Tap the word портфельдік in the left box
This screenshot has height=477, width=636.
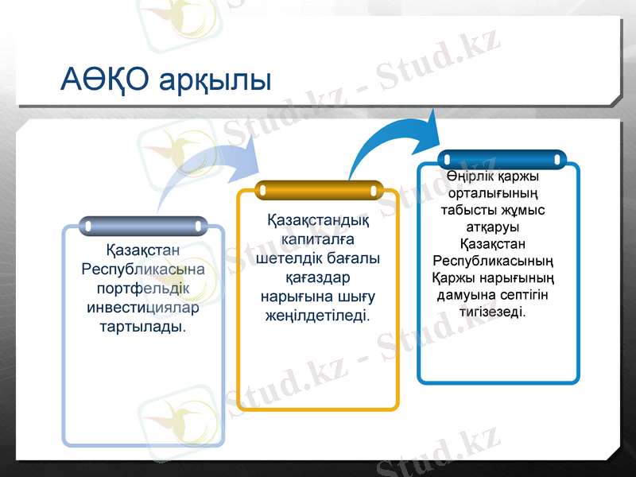(143, 287)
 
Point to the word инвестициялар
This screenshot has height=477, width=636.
(143, 307)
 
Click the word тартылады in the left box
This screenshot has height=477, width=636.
(141, 327)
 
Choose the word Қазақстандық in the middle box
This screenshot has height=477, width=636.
(318, 219)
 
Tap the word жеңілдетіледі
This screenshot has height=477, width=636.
(318, 316)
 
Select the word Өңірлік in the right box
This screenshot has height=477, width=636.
(468, 176)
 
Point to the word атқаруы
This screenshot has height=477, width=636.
(498, 228)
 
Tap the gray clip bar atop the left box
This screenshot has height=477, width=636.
(143, 227)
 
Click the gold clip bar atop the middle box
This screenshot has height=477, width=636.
(318, 191)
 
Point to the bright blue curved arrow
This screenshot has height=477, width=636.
(397, 143)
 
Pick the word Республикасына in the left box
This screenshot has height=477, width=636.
(143, 268)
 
